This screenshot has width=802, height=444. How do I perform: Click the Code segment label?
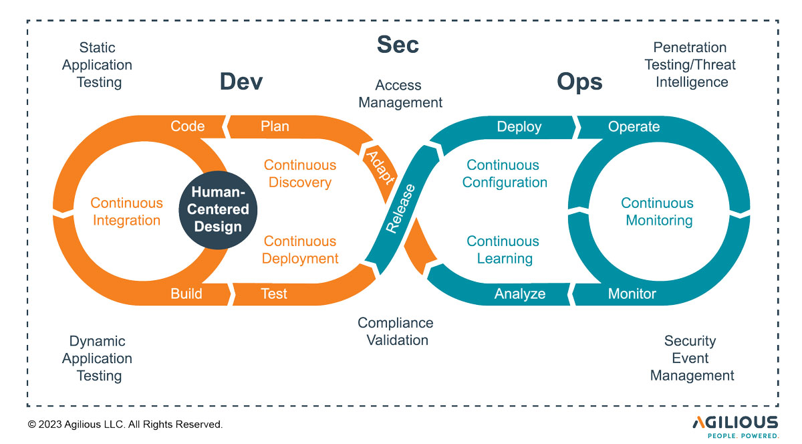(x=187, y=126)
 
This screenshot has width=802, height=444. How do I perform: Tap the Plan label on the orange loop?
(x=275, y=126)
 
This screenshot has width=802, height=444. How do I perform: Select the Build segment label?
(x=186, y=294)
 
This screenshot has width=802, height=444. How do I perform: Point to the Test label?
(x=274, y=294)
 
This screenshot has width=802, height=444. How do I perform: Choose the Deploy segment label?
(x=519, y=126)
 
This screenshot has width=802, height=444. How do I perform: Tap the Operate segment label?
(x=634, y=126)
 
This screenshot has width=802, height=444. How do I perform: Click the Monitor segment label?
(x=632, y=294)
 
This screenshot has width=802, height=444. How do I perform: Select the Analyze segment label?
(x=520, y=294)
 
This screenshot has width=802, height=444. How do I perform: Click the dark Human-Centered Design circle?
(x=218, y=209)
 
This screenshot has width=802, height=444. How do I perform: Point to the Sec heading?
(x=398, y=45)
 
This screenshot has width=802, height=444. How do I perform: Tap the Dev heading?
(x=241, y=82)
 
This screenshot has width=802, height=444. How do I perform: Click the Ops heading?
(x=579, y=82)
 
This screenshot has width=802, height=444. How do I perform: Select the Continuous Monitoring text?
(x=658, y=211)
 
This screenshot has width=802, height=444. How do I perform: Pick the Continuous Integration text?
(x=127, y=211)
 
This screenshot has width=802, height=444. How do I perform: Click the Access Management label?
(x=400, y=94)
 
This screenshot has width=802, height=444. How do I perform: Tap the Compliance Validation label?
(x=396, y=331)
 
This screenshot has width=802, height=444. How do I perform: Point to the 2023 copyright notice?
(x=125, y=424)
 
